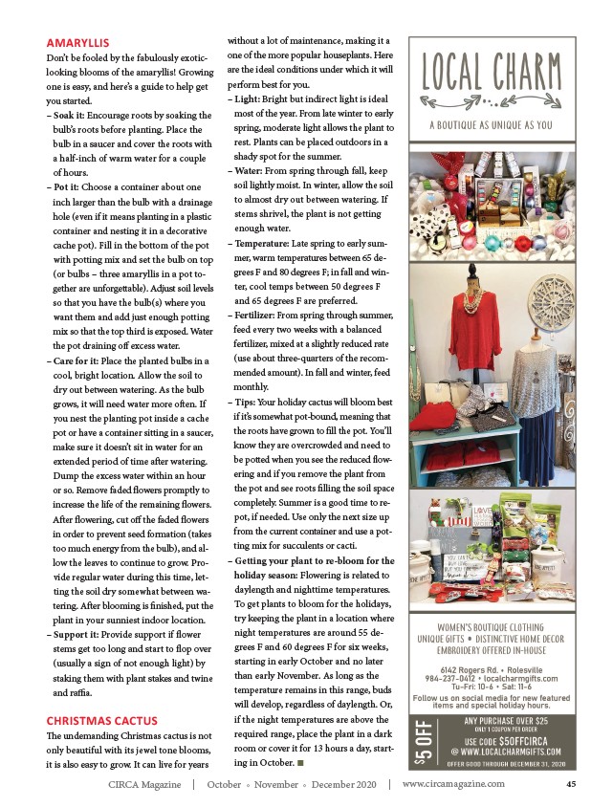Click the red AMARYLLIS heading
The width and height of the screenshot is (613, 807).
click(x=78, y=42)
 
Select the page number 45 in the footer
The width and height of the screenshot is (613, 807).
click(x=570, y=785)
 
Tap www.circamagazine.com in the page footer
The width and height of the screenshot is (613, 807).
click(x=454, y=785)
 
